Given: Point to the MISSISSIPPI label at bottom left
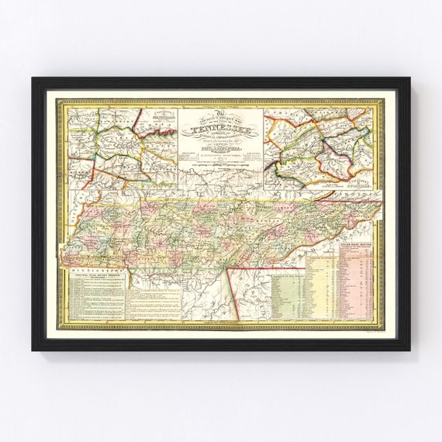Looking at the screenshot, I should tap(93, 272).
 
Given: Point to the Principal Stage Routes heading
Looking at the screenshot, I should tap(96, 281).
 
